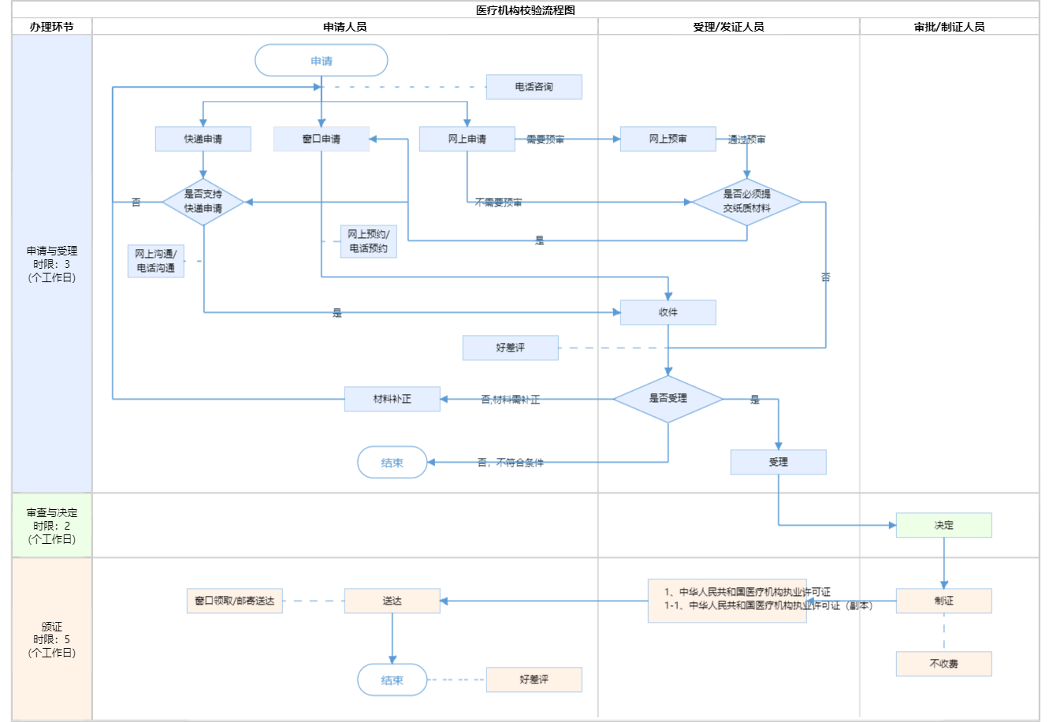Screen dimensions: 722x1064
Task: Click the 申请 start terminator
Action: click(321, 61)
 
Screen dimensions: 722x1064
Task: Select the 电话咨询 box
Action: click(534, 87)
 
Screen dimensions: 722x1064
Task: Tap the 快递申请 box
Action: click(203, 139)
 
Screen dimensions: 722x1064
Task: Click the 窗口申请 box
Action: click(321, 139)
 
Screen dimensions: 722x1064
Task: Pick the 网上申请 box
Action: click(467, 139)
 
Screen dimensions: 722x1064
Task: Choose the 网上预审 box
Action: click(668, 139)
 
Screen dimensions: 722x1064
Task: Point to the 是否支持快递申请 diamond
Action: click(203, 202)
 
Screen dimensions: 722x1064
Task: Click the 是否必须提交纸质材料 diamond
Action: click(746, 202)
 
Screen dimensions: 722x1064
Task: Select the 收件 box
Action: click(668, 312)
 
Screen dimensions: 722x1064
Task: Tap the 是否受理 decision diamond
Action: click(668, 399)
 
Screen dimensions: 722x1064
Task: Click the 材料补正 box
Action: click(392, 399)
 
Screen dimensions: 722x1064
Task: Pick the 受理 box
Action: click(778, 462)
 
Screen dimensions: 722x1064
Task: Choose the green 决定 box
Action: click(943, 525)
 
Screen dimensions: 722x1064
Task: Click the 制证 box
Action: click(943, 601)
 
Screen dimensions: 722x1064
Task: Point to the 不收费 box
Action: click(943, 664)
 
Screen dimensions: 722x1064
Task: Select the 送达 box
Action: click(392, 601)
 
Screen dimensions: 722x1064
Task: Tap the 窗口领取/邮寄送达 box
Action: click(234, 601)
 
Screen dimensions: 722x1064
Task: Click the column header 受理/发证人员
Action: click(728, 27)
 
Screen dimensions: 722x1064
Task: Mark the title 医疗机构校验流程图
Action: click(526, 10)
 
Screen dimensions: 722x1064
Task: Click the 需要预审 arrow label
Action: click(545, 140)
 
